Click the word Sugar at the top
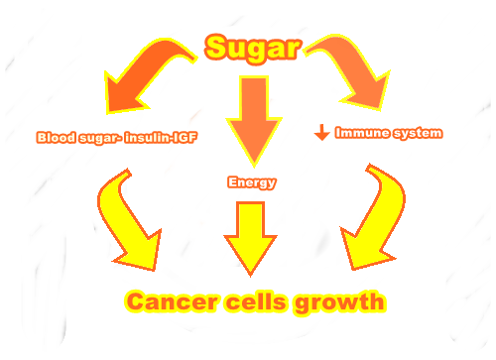253,49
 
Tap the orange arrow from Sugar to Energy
254,121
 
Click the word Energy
252,182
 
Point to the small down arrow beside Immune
322,132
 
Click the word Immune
362,133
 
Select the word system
418,133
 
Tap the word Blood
56,137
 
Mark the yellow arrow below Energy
250,239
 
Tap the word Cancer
172,301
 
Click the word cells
256,301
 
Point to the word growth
339,302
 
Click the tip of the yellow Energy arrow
250,277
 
